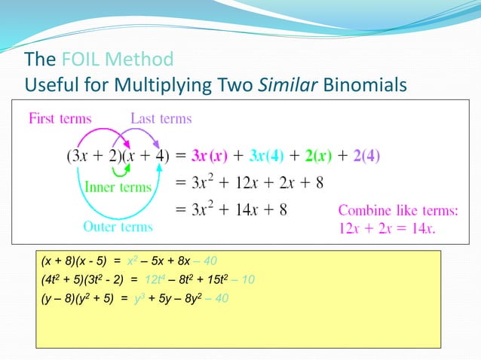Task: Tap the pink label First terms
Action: (60, 118)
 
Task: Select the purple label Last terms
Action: (161, 118)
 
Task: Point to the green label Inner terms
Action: (118, 187)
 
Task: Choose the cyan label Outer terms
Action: (118, 226)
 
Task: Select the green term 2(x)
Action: (320, 157)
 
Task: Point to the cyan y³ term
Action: (136, 298)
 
